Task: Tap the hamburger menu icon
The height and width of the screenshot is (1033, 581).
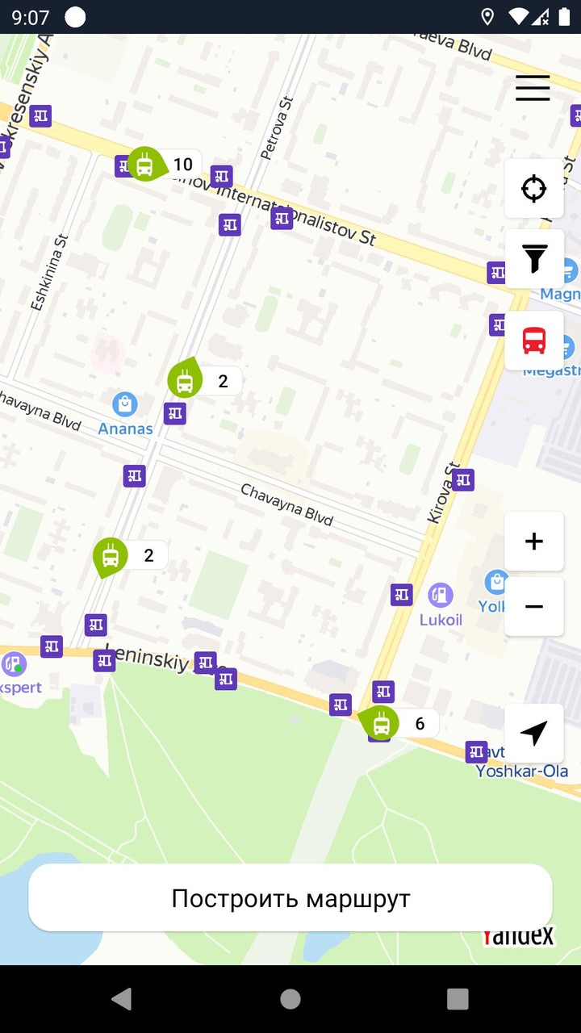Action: (x=533, y=87)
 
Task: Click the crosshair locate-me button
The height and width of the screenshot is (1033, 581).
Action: (x=533, y=189)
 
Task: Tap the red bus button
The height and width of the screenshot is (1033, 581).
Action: (x=533, y=341)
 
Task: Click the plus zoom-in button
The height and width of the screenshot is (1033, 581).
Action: (x=533, y=542)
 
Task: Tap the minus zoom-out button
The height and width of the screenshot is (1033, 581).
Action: (x=533, y=606)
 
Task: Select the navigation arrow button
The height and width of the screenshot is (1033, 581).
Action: (x=533, y=733)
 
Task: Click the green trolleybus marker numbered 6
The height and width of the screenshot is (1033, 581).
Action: (x=381, y=723)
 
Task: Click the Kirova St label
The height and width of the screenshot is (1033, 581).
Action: (x=442, y=493)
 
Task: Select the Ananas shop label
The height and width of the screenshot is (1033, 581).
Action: (x=125, y=429)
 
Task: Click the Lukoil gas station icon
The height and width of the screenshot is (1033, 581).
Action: (x=441, y=596)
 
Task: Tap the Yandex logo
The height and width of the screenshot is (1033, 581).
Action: (x=519, y=936)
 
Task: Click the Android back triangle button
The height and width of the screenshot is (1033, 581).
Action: (x=122, y=999)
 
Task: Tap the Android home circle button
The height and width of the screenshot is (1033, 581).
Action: (x=290, y=999)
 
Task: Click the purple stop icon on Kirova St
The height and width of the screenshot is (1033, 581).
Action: (x=462, y=480)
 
